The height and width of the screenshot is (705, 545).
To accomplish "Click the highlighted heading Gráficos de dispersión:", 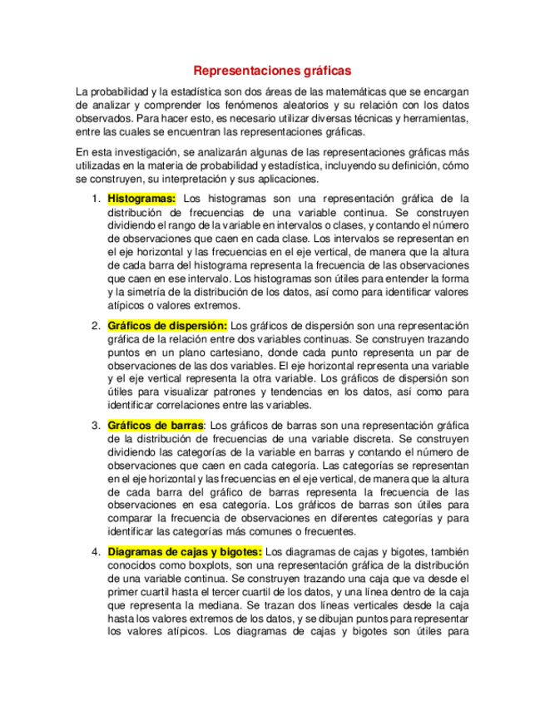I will point(167,325).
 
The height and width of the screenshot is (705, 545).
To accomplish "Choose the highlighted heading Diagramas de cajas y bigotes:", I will point(185,551).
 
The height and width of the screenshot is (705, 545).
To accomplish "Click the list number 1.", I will point(95,199).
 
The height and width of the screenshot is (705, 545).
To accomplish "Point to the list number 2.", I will point(95,325).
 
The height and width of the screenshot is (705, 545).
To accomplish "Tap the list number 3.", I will point(95,426).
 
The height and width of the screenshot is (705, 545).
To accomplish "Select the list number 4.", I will point(95,551).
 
